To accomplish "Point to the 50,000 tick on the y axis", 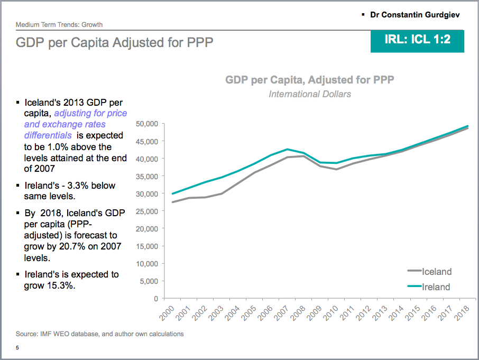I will tap(147, 124).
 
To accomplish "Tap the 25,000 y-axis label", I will tap(147, 211).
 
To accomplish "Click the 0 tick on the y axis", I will tap(155, 299).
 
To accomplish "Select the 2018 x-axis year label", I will tap(463, 313).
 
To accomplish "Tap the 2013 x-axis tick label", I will tap(381, 313).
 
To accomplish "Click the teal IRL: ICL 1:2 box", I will tap(418, 40).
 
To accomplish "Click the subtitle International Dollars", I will tap(310, 94).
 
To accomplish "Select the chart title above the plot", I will tap(310, 80).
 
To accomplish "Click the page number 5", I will tap(17, 348).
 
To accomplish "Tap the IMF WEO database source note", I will tap(99, 334).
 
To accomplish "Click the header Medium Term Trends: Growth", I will tap(59, 24).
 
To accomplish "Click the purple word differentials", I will tap(45, 135).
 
